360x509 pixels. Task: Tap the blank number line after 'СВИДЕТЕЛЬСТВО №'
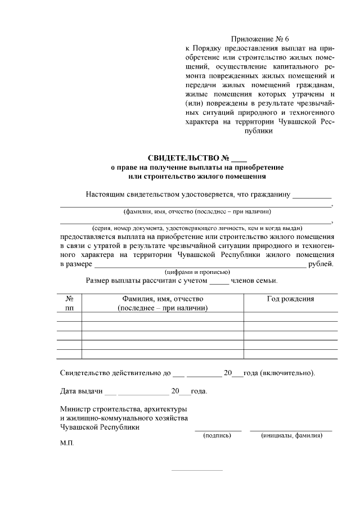[x=239, y=159]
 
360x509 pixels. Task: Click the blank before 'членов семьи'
[x=219, y=281]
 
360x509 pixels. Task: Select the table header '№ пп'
[x=70, y=304]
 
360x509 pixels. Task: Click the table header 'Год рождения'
[x=290, y=299]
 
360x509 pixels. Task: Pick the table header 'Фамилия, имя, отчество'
[x=163, y=299]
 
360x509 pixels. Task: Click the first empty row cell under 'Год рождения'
[x=290, y=317]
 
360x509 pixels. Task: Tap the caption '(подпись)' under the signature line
[x=218, y=435]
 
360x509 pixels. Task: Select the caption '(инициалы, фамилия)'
[x=291, y=435]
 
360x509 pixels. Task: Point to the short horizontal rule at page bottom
[x=197, y=470]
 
